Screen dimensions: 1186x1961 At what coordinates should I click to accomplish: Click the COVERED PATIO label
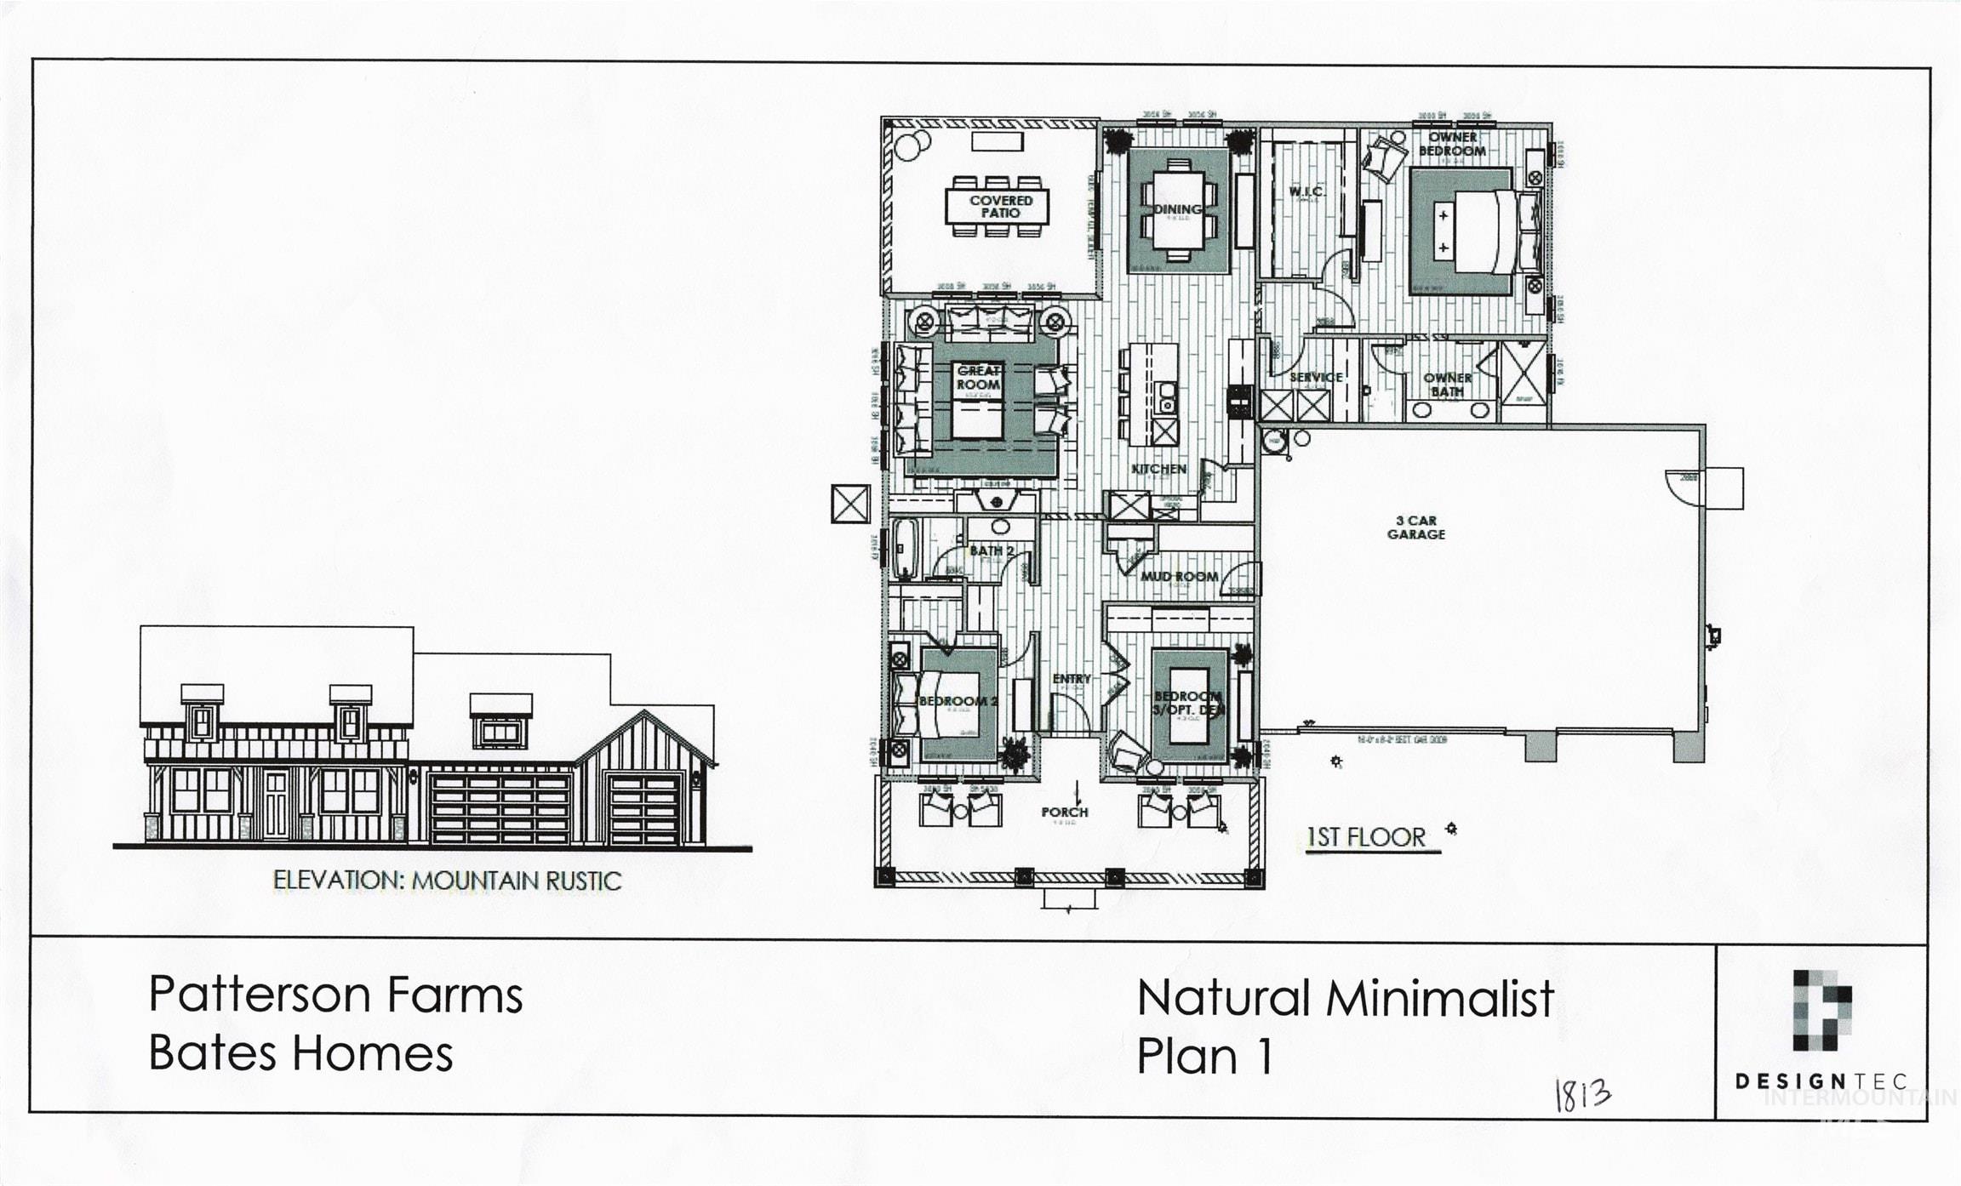[1000, 207]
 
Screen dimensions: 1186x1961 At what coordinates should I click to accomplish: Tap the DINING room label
[1178, 209]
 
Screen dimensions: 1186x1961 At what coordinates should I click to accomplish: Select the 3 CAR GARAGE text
[1416, 527]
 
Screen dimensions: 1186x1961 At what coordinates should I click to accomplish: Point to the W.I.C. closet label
[1305, 192]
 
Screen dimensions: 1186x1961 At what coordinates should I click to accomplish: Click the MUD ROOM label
[1180, 577]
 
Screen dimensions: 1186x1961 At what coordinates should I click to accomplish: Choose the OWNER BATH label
[1447, 385]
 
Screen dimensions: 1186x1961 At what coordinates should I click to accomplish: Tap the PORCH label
[1064, 813]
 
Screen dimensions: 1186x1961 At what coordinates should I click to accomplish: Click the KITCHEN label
[1158, 469]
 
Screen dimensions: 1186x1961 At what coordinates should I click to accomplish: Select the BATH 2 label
[992, 551]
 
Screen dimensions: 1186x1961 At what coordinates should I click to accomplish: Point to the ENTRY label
[1071, 679]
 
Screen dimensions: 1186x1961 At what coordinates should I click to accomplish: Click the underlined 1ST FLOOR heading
[1366, 837]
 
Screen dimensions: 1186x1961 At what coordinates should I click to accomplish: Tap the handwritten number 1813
[1582, 1095]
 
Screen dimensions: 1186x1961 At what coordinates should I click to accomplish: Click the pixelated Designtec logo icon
[1821, 1011]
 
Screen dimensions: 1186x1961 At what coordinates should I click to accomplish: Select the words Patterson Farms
[335, 995]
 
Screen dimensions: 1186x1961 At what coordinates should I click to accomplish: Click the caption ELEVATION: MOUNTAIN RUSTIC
[447, 881]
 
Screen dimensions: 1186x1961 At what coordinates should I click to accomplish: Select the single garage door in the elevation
[644, 808]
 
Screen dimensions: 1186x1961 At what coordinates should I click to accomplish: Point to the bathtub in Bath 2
[905, 549]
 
